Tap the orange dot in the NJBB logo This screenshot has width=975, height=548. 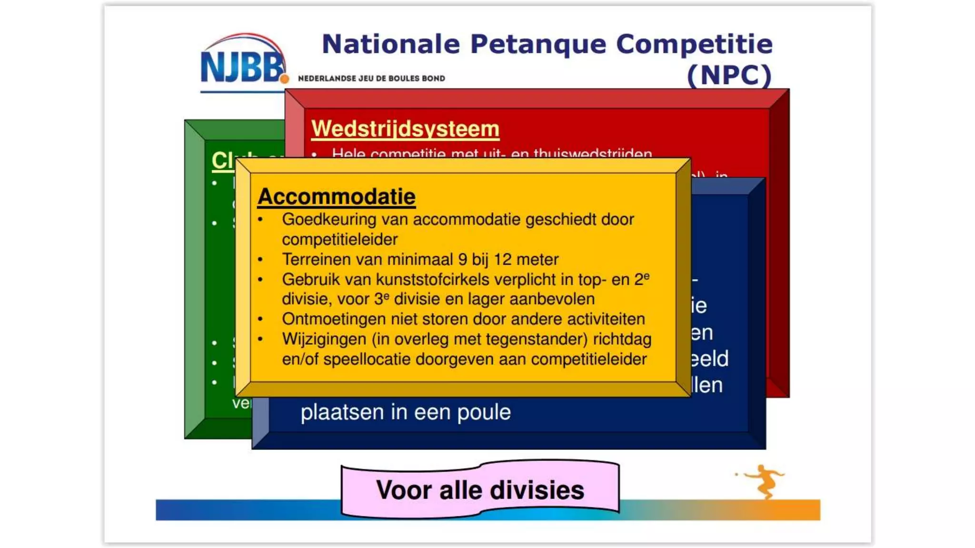pyautogui.click(x=284, y=78)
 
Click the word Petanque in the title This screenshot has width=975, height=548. pyautogui.click(x=538, y=44)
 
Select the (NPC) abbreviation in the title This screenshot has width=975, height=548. pyautogui.click(x=729, y=75)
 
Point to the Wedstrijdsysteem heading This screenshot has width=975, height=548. pyautogui.click(x=405, y=129)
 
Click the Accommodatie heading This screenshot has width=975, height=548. pyautogui.click(x=337, y=196)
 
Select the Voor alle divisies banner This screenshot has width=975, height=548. pyautogui.click(x=480, y=490)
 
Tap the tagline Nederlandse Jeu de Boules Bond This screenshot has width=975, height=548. pyautogui.click(x=371, y=78)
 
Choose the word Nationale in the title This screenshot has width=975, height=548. pyautogui.click(x=391, y=44)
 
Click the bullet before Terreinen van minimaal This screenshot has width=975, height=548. pyautogui.click(x=260, y=260)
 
